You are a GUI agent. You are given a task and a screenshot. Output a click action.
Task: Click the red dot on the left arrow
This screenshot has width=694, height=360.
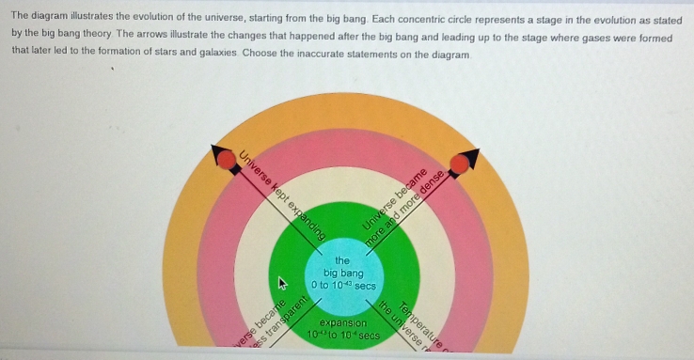click(228, 161)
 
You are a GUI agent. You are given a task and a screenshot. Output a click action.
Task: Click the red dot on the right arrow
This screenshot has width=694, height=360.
click(459, 165)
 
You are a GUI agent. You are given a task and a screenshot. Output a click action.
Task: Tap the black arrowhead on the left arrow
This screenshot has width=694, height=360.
click(217, 149)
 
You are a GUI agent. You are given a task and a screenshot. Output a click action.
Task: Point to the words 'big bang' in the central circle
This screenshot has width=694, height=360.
click(342, 272)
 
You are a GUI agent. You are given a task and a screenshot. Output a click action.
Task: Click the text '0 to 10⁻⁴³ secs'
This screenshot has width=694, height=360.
click(342, 284)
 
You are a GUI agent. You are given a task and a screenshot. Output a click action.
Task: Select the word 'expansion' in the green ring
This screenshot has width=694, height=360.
click(342, 322)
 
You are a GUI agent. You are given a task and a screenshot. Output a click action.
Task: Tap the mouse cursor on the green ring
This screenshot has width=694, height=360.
click(278, 281)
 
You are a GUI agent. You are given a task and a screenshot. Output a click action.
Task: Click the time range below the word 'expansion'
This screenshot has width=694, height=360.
click(342, 335)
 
